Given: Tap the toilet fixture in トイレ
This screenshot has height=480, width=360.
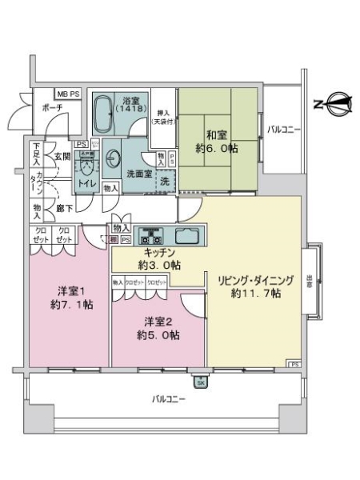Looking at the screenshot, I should point(87,168).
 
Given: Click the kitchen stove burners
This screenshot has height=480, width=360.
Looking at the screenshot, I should point(150,236).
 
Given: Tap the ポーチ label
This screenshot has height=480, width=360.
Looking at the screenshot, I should point(52,109).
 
